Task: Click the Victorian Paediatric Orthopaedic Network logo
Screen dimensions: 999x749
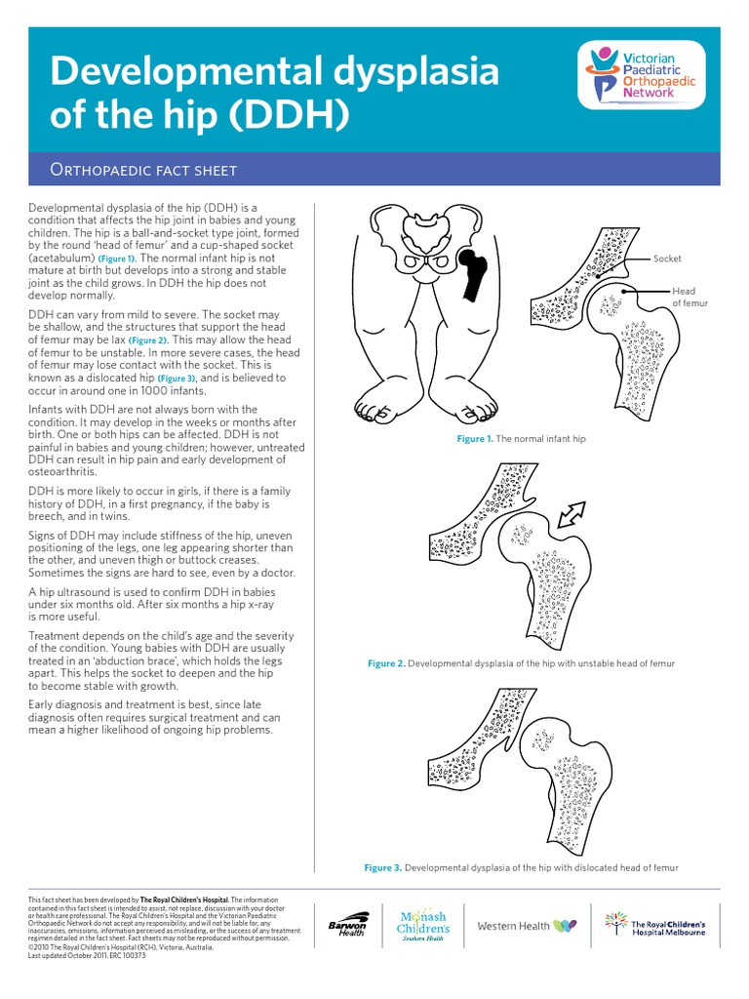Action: coord(643,75)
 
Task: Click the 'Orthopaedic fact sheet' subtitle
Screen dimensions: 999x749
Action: coord(143,171)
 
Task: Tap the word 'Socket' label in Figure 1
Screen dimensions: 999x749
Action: coord(667,259)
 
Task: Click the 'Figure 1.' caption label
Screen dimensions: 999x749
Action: coord(475,440)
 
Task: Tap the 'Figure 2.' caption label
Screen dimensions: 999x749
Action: coord(385,663)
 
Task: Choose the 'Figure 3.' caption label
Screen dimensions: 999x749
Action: coord(382,867)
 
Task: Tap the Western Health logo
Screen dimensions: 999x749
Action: coord(526,925)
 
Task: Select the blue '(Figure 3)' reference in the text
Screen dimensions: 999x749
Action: coord(177,378)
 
